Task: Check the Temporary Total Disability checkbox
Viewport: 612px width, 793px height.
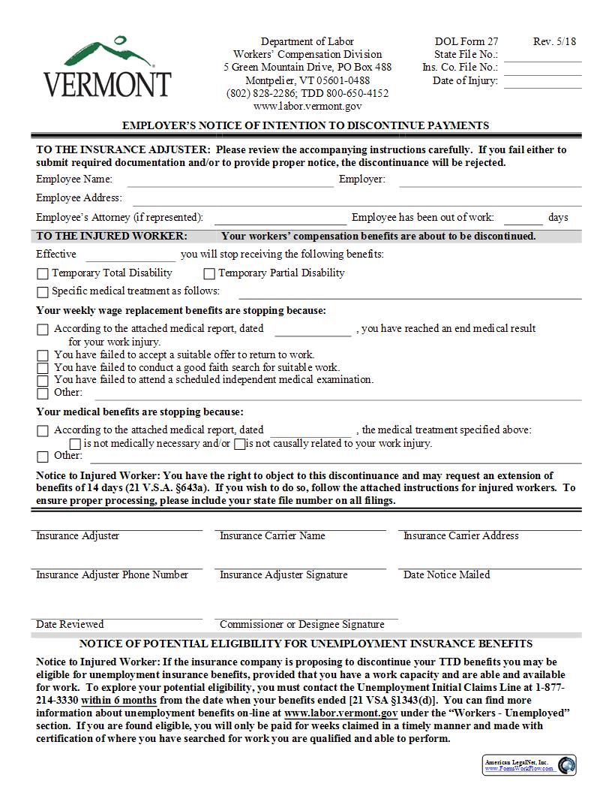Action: coord(43,274)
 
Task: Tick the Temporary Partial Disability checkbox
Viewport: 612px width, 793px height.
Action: coord(209,274)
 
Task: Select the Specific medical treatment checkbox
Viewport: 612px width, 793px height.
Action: coord(43,292)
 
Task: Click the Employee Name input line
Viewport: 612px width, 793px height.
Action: coord(230,180)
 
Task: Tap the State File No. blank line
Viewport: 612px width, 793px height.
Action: coord(542,56)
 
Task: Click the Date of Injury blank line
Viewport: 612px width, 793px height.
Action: coord(542,82)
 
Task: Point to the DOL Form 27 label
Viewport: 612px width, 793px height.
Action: coord(466,42)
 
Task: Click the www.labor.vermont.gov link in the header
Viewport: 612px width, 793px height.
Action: coord(307,107)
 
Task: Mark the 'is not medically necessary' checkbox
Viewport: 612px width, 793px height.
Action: coord(75,445)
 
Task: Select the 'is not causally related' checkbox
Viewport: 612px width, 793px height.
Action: coord(239,445)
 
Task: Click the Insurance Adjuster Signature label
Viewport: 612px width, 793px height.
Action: coord(283,575)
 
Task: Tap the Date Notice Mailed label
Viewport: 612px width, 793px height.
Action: coord(446,575)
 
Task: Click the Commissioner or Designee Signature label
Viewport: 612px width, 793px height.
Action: coord(301,625)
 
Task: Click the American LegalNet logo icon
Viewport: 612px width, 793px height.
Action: coord(566,765)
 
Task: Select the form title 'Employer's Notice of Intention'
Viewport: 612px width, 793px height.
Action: coord(305,126)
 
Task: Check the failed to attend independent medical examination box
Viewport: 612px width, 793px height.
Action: coord(43,381)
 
